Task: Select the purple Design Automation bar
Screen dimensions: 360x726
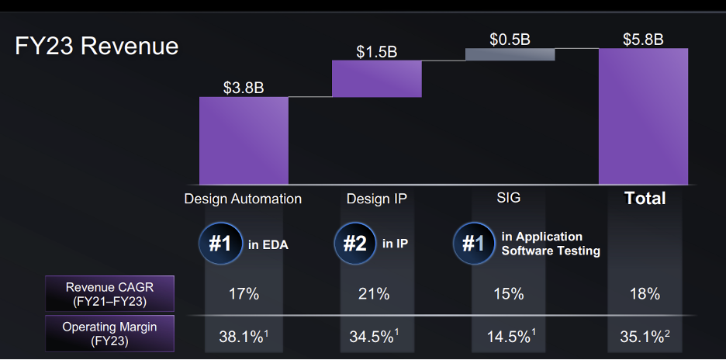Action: tap(244, 140)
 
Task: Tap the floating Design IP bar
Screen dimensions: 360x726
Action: tap(376, 78)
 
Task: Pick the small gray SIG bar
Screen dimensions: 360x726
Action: tap(510, 54)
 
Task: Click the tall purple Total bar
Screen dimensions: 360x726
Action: tap(643, 116)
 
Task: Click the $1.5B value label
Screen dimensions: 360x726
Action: tap(376, 52)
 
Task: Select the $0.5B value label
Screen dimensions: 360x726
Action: tap(510, 39)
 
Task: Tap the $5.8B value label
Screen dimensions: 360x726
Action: tap(643, 39)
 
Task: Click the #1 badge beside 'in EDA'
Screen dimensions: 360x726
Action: tap(220, 244)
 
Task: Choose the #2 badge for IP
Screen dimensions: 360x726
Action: tap(354, 244)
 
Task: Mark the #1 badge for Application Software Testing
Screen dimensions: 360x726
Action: tap(473, 244)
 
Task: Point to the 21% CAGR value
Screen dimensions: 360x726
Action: tap(376, 295)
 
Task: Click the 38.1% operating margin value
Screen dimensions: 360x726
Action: tap(242, 337)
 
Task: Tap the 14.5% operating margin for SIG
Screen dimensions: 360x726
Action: tap(510, 337)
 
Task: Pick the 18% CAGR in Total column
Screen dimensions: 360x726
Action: tap(645, 295)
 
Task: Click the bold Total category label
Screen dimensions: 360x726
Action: tap(645, 199)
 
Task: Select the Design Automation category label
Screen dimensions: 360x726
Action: tap(243, 199)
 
